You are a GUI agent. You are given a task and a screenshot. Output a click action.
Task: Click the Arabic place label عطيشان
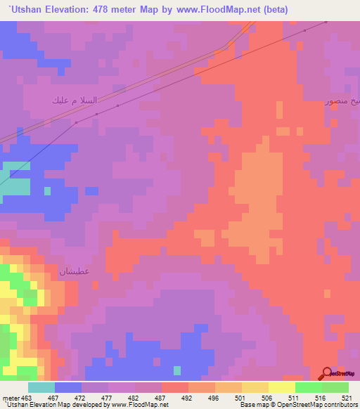pos(75,271)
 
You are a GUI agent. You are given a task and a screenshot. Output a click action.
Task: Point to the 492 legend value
pos(188,398)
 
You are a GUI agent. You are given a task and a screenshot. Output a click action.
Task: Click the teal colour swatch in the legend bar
pos(41,387)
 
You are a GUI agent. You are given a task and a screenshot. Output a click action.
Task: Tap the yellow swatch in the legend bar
pos(281,387)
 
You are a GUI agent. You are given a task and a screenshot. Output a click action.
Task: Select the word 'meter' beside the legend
pos(11,398)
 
